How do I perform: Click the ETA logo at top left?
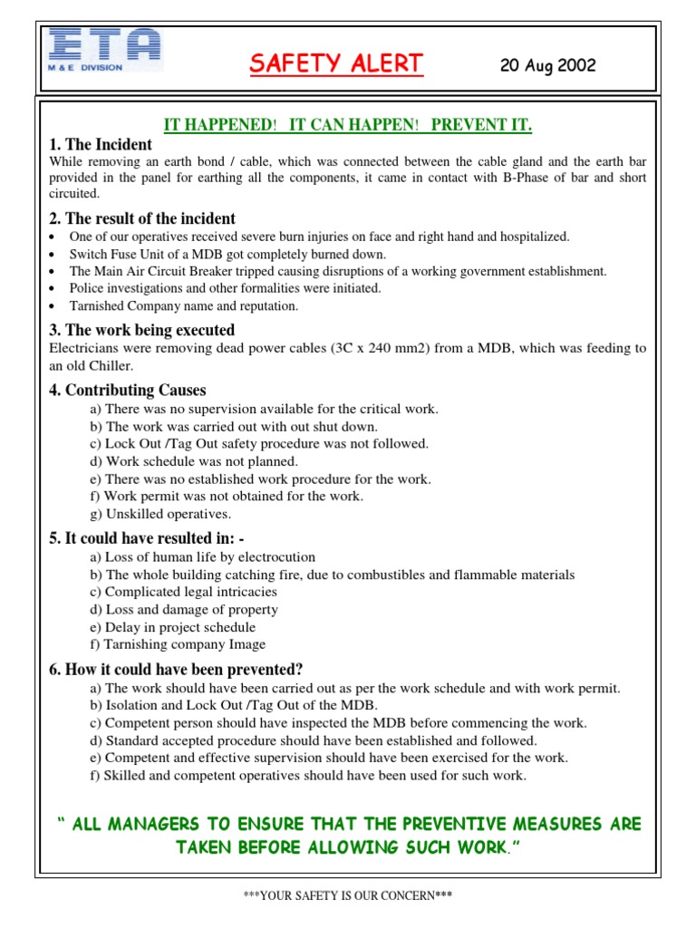(x=105, y=50)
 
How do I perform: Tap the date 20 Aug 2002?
(x=547, y=66)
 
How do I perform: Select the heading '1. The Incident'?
(x=100, y=145)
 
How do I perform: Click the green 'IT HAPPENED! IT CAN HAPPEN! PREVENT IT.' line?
(x=347, y=125)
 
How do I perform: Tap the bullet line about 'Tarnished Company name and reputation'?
(x=183, y=306)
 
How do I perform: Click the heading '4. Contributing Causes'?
(x=127, y=391)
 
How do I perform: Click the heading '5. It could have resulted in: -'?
(x=147, y=538)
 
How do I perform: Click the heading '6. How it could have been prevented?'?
(x=176, y=670)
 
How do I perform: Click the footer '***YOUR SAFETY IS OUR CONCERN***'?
(x=348, y=895)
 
